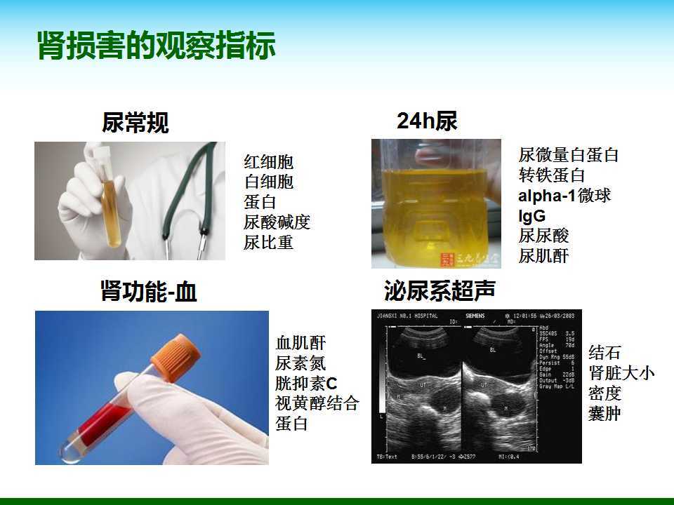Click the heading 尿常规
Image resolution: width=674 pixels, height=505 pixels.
point(136,124)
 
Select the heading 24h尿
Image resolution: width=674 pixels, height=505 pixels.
point(427,121)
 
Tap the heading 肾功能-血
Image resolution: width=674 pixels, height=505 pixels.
point(149,291)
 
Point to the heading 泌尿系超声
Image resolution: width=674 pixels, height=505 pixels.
point(440,290)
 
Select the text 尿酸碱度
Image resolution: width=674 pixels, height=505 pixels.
point(277,223)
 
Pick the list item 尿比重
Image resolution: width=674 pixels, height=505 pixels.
point(269,243)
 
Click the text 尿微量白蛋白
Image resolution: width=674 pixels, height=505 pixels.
point(569,155)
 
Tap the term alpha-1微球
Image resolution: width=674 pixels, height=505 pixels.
point(564,196)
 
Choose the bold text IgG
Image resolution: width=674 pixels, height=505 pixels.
point(531,215)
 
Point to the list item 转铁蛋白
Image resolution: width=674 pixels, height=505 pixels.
point(552,175)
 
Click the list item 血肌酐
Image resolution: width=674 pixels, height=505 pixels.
point(300,344)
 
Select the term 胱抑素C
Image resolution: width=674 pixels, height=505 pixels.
point(306,384)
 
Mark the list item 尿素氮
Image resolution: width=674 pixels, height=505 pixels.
point(300,363)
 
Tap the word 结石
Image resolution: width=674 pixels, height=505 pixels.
point(604,352)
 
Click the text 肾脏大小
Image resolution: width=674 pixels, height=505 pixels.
point(621,372)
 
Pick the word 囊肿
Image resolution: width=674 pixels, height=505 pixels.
point(604,413)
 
